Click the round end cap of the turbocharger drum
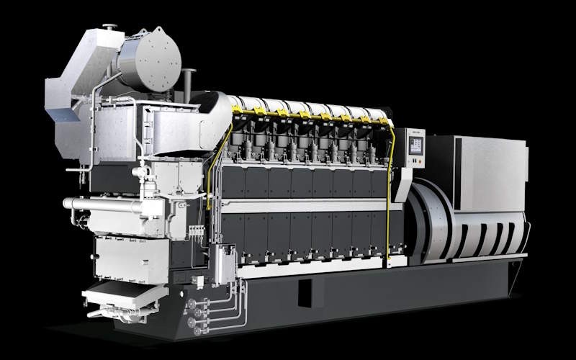coord(158,58)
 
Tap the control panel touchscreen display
coord(415,144)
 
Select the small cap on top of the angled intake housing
coord(109,27)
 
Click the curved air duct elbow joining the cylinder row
coord(209,115)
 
